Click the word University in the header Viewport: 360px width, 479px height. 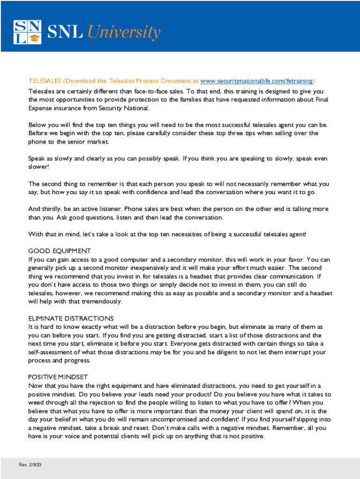124,32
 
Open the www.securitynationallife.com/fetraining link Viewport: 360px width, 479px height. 256,80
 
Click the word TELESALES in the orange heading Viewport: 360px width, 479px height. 44,80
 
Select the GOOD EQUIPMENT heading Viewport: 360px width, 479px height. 59,251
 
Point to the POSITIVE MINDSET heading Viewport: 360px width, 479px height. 58,377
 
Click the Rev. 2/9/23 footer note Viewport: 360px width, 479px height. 31,464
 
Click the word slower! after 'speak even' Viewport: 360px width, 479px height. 38,167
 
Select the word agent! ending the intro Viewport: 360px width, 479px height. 296,234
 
